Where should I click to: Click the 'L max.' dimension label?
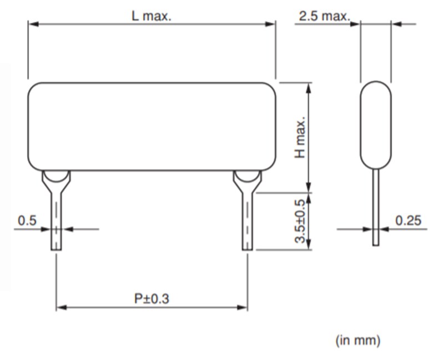point(151,16)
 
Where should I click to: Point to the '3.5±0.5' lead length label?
point(300,221)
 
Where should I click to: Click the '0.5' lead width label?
point(27,221)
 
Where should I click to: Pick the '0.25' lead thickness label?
point(408,221)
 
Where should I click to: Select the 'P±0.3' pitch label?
point(152,299)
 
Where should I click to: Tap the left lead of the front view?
point(56,222)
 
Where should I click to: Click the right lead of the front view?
point(247,222)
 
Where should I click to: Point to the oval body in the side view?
point(376,125)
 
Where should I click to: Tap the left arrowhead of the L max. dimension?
point(33,24)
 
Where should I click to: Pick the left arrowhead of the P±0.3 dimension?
point(60,307)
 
